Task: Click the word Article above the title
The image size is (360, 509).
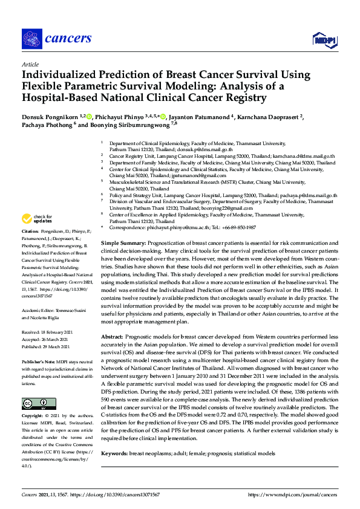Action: point(30,64)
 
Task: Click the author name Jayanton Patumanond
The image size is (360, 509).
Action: point(202,115)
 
